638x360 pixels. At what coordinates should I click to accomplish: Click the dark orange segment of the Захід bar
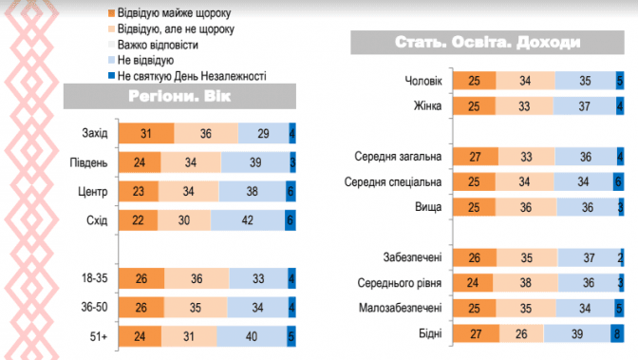click(146, 133)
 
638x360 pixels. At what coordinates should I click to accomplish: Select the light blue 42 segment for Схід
click(248, 220)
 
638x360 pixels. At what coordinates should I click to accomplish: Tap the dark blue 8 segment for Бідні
click(617, 334)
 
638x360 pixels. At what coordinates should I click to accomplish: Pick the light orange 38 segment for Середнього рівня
click(525, 283)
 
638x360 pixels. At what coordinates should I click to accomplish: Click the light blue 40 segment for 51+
click(252, 336)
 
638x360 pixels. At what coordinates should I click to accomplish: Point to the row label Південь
click(88, 162)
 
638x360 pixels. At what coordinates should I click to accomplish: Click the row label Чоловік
click(423, 81)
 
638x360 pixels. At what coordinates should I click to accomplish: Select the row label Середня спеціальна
click(393, 182)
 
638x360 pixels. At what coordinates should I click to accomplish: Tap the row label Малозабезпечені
click(400, 308)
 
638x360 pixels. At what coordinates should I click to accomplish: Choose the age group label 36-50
click(94, 307)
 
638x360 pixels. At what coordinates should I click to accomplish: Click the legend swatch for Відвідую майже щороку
click(111, 13)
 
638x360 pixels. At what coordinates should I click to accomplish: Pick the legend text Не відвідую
click(145, 60)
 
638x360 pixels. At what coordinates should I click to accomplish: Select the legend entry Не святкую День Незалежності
click(187, 76)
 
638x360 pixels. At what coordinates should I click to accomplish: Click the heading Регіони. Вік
click(179, 97)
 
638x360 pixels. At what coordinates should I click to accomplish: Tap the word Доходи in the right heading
click(549, 43)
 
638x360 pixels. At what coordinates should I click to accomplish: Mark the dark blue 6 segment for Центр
click(291, 192)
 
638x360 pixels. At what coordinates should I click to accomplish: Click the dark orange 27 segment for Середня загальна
click(476, 157)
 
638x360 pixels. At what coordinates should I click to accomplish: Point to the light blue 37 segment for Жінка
click(585, 106)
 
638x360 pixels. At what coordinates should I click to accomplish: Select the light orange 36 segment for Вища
click(526, 207)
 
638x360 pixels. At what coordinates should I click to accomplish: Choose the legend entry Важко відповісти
click(154, 45)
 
